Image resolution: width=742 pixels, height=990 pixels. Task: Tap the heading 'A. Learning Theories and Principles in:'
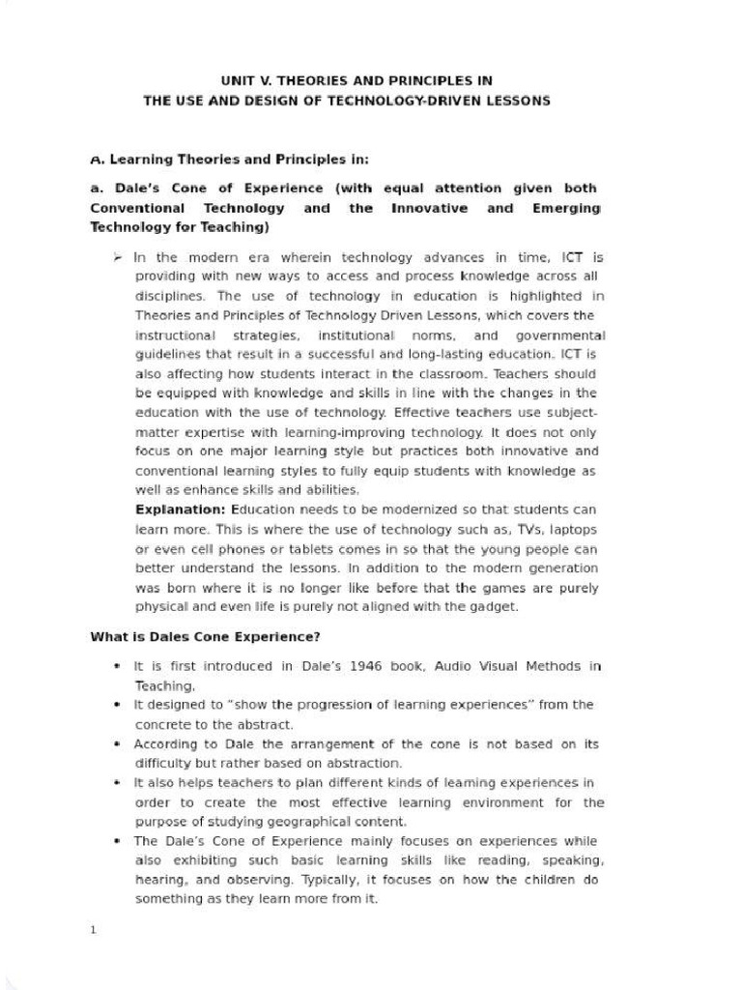coord(229,159)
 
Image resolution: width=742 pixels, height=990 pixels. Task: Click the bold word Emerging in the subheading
coord(565,208)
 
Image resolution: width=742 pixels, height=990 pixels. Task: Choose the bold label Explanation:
coord(181,510)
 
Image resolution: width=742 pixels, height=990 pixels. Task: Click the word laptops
coord(572,530)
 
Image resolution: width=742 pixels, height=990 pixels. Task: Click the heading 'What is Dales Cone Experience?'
coord(205,637)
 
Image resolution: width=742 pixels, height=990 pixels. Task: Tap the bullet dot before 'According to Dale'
coord(116,744)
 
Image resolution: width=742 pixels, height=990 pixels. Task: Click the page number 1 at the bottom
coord(93,930)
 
